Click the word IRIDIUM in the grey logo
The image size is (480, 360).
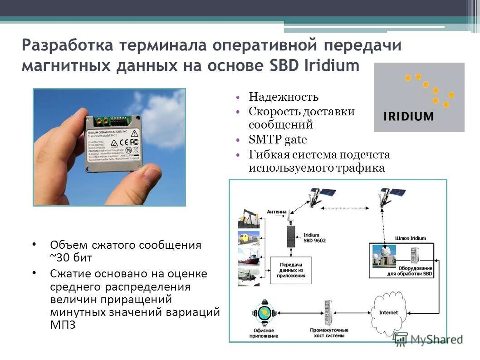point(409,116)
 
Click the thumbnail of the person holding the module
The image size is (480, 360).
point(109,147)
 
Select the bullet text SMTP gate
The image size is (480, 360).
point(278,139)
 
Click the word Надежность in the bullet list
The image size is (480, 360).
point(283,97)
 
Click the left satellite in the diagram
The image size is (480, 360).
point(320,198)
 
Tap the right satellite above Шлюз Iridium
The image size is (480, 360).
point(390,198)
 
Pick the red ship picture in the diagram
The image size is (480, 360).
point(249,257)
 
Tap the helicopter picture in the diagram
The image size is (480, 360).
point(249,276)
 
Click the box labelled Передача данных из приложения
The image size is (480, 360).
point(290,271)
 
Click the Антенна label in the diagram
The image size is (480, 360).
point(276,212)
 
